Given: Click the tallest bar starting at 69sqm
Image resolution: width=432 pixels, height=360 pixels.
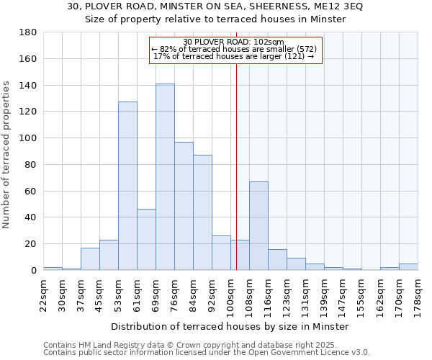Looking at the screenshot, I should (x=165, y=177).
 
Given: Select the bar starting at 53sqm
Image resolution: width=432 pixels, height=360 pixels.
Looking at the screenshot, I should (x=127, y=186).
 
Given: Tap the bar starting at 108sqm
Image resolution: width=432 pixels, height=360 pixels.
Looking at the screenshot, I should (x=258, y=225).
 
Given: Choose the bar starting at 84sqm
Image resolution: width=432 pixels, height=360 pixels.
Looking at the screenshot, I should (x=202, y=212).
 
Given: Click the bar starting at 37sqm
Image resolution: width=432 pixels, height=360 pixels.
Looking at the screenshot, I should (x=90, y=258).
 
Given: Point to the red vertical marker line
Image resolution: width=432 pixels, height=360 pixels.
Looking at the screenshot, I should (x=236, y=166).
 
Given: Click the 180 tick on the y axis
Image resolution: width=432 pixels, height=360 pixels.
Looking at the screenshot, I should (x=29, y=32).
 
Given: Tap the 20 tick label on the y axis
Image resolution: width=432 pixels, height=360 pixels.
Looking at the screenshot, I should (x=31, y=244).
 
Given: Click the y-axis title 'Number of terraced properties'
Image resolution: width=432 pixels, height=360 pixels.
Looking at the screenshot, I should (x=6, y=155).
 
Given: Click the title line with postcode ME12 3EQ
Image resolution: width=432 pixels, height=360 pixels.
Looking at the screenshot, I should (x=215, y=6).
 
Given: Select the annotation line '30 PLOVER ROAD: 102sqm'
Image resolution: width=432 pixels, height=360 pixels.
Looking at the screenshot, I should (x=234, y=42).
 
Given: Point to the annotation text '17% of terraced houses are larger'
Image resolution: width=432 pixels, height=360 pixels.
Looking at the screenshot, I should (x=234, y=56).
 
